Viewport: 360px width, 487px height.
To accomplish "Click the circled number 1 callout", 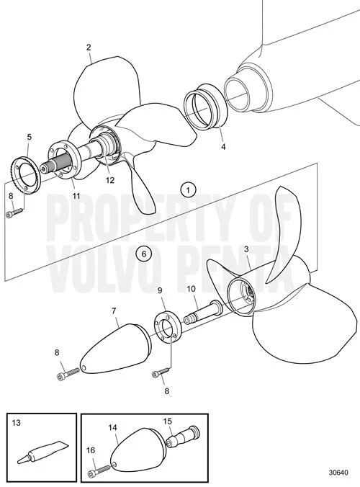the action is (x=189, y=189).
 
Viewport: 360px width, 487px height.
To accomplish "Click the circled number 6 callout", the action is (x=144, y=254).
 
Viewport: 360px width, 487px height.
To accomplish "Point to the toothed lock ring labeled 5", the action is (x=26, y=176).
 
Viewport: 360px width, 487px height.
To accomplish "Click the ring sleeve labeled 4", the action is (x=204, y=107).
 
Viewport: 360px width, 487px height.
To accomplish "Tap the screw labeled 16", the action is (x=102, y=470).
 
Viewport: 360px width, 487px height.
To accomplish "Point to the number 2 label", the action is (x=89, y=48).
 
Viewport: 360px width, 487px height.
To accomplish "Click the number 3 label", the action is (x=246, y=249).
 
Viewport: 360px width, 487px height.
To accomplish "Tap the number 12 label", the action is (x=110, y=180).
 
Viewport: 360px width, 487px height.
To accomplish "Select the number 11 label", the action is (x=76, y=196).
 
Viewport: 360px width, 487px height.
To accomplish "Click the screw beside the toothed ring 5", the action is (x=14, y=213).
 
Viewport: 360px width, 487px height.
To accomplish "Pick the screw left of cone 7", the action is (x=69, y=373).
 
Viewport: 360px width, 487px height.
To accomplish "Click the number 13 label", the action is (x=16, y=422).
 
